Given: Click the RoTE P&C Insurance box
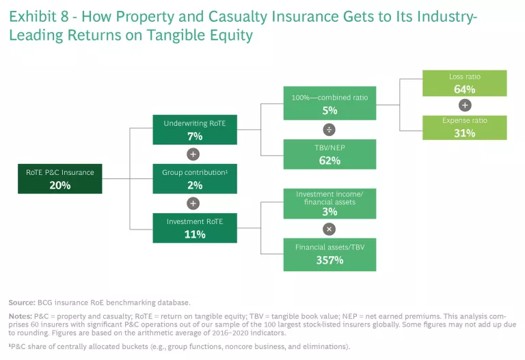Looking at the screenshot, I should pyautogui.click(x=60, y=178).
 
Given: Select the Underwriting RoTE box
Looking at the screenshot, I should pyautogui.click(x=195, y=129).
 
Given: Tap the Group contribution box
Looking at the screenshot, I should pyautogui.click(x=195, y=178).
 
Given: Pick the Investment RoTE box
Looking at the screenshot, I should pyautogui.click(x=195, y=227).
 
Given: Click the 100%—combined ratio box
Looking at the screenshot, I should pyautogui.click(x=329, y=103).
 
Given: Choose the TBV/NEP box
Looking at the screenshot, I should pyautogui.click(x=329, y=154).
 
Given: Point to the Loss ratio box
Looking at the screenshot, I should pyautogui.click(x=465, y=83).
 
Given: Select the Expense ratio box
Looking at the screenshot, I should pyautogui.click(x=465, y=127).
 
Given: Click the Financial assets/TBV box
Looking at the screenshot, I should pyautogui.click(x=329, y=253).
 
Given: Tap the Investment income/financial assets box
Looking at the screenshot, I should pyautogui.click(x=329, y=204).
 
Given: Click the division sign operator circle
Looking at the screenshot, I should pyautogui.click(x=329, y=129).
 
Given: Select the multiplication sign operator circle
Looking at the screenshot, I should pyautogui.click(x=329, y=229).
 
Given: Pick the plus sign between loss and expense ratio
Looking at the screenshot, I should pyautogui.click(x=465, y=105).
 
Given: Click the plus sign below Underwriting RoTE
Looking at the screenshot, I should pyautogui.click(x=194, y=154).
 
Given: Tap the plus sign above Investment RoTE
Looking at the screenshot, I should pyautogui.click(x=194, y=203).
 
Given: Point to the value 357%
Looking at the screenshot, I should pyautogui.click(x=329, y=260).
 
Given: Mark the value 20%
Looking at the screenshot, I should pyautogui.click(x=60, y=184).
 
